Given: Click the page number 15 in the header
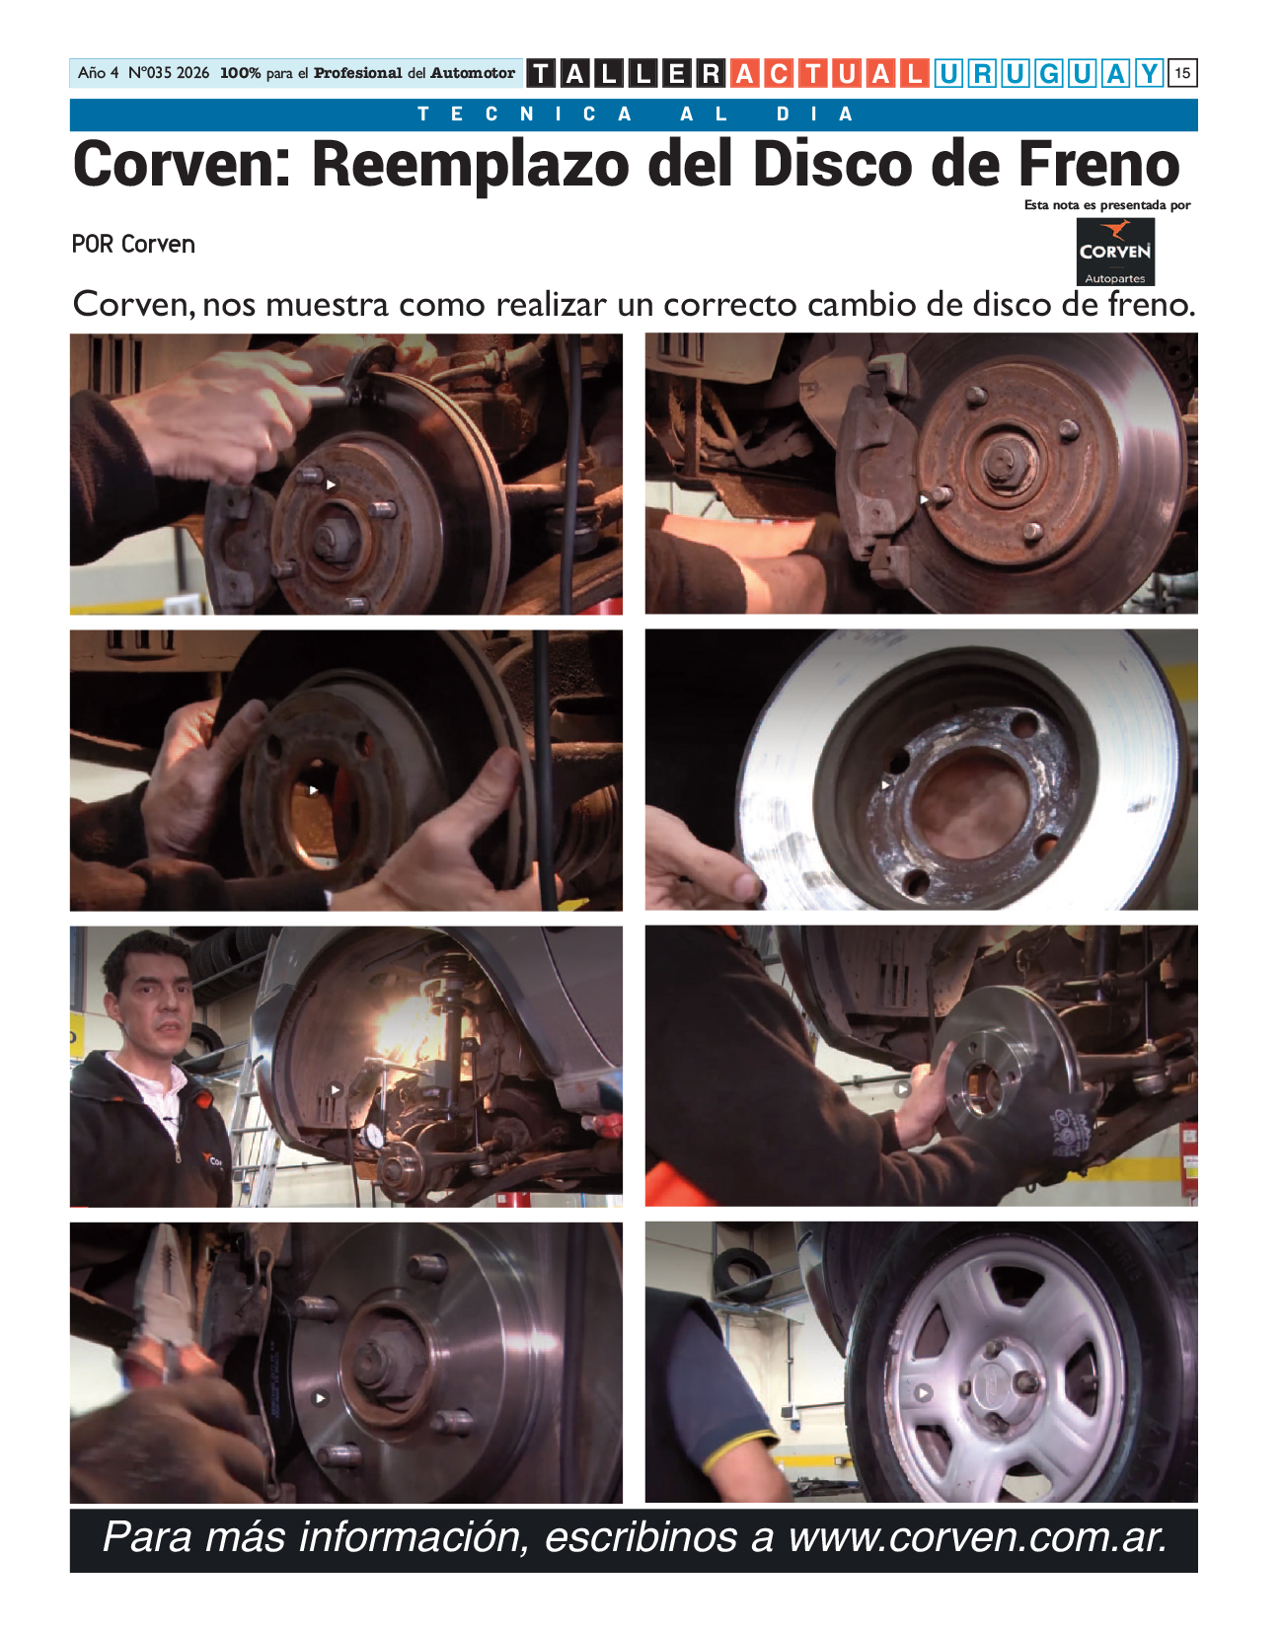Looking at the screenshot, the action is (1182, 73).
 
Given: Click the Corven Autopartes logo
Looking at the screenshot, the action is (1114, 252).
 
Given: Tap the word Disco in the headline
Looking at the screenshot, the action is (832, 164).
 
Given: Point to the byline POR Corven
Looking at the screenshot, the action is (133, 245).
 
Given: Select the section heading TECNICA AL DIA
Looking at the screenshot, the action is (635, 114).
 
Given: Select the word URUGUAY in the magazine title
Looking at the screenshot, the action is (1048, 73).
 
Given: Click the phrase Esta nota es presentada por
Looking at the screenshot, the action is (1107, 205).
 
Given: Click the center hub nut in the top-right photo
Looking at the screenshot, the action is (1002, 457).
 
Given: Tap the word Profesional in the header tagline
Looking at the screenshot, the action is (357, 73).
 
